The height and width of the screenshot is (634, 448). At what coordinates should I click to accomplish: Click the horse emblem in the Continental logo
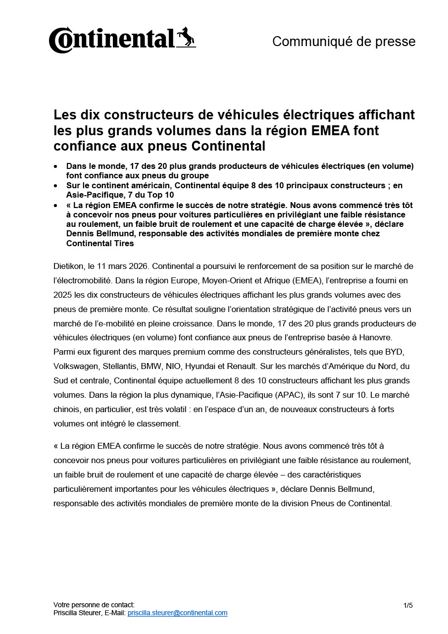[x=186, y=37]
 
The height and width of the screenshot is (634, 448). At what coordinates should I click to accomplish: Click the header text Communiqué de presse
[x=344, y=42]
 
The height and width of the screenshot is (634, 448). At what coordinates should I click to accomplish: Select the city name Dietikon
[x=67, y=266]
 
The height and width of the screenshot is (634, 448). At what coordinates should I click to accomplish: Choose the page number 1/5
[x=408, y=605]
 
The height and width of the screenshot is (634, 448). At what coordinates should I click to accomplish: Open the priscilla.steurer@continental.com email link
[x=177, y=613]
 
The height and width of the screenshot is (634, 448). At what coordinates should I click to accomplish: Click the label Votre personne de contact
[x=94, y=605]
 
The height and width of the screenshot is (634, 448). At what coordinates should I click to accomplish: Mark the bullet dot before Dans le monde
[x=56, y=166]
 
